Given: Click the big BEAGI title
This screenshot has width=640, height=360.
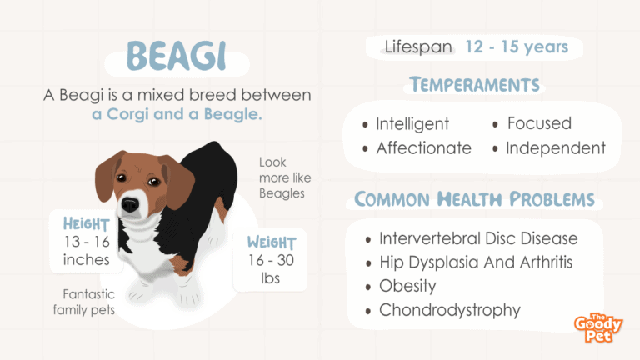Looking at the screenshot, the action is [x=177, y=56].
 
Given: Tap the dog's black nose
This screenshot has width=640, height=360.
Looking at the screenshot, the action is [x=130, y=204].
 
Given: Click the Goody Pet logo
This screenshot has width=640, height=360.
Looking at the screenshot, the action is [x=598, y=327].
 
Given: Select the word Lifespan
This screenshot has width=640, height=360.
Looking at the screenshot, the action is [x=418, y=47].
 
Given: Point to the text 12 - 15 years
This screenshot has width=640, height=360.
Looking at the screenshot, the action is [x=517, y=47].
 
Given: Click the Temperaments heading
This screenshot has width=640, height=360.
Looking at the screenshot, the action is [x=475, y=85].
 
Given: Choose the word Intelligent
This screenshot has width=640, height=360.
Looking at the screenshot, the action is [x=412, y=123].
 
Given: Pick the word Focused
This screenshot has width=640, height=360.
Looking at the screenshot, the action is [x=539, y=123].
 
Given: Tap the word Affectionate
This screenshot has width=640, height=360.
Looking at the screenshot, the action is [x=423, y=147].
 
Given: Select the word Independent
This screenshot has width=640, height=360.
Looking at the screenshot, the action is [x=556, y=147].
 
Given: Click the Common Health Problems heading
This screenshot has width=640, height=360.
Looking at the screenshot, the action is [x=474, y=199].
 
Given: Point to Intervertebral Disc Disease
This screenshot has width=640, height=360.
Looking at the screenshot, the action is [x=478, y=238].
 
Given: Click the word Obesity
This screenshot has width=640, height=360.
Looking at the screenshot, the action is [x=407, y=286].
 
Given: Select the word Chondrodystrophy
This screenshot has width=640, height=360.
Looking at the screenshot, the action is [x=450, y=310].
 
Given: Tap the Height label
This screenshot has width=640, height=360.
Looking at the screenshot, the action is [x=86, y=224].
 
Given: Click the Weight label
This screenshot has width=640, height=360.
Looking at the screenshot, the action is [x=272, y=242].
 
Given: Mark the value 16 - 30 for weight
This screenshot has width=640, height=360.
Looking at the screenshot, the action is [x=271, y=260].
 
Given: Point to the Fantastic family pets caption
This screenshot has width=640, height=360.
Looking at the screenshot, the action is [x=84, y=302].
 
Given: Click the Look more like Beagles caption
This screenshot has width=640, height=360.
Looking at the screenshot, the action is [x=285, y=177].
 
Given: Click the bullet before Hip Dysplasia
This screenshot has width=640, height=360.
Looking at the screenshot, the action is [x=368, y=263].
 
